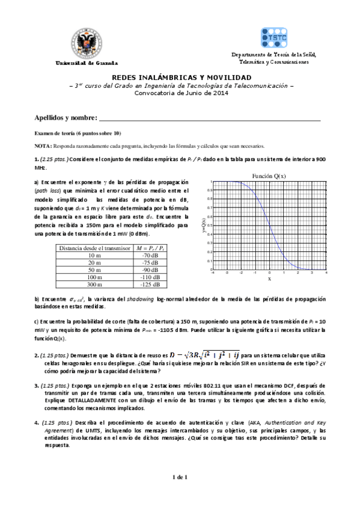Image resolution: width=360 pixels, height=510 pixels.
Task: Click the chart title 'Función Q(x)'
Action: point(269,176)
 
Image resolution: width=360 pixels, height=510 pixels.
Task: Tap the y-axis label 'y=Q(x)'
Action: point(204,226)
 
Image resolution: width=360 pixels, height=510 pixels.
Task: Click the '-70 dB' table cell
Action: point(147,255)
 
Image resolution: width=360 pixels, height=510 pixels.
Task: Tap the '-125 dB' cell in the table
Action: point(147,284)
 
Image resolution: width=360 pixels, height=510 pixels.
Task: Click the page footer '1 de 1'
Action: point(180,478)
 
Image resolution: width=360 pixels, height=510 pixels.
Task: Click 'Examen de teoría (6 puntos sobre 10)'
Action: point(78,133)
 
